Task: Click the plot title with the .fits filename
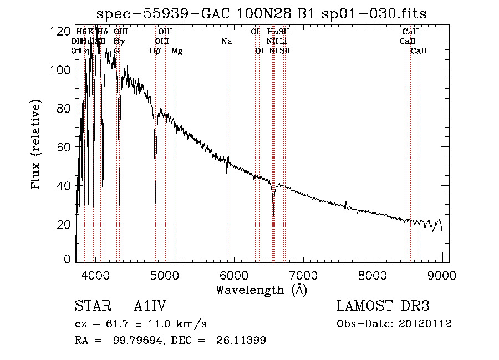(x=261, y=14)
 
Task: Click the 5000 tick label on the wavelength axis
(x=164, y=275)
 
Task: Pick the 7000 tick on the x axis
(x=303, y=275)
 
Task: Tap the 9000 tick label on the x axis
(x=442, y=275)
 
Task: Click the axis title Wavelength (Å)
(x=261, y=290)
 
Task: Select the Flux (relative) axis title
(x=37, y=146)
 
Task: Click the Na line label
(x=226, y=41)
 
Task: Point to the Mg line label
(x=177, y=51)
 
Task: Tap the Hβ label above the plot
(x=155, y=51)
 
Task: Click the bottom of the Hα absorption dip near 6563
(x=273, y=215)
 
